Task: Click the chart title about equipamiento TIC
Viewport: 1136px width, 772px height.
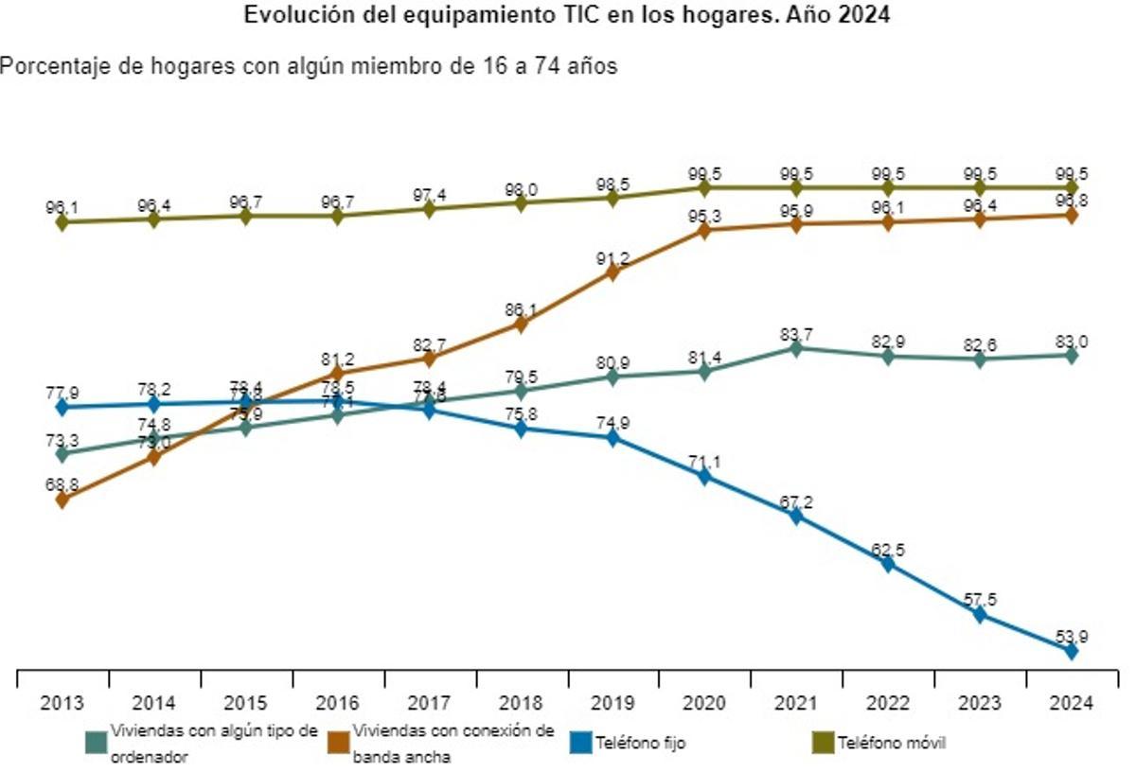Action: [567, 16]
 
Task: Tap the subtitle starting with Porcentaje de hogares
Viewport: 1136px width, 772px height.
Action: [309, 66]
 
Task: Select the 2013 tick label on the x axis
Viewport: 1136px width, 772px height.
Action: [62, 703]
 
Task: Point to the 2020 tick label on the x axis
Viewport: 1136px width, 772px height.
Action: [704, 703]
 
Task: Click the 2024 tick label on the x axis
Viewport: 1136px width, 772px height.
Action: [1071, 703]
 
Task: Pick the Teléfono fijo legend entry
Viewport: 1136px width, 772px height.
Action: [640, 744]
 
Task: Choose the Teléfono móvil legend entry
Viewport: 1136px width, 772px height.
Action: [891, 744]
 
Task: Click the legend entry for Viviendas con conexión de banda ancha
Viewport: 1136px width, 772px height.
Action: [453, 744]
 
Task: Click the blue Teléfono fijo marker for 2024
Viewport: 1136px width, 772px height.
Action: [1071, 651]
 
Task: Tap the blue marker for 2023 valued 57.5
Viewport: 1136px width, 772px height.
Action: [979, 614]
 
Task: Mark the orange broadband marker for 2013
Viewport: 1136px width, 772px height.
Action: [62, 500]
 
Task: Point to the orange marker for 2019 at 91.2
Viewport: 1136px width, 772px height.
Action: [612, 272]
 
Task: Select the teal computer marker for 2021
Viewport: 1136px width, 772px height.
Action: [796, 348]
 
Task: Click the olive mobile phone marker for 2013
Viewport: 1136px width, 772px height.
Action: [62, 221]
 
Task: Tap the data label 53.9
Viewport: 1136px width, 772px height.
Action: [1071, 635]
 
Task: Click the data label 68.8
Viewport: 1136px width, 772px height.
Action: [62, 483]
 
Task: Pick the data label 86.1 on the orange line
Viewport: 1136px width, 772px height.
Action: [521, 307]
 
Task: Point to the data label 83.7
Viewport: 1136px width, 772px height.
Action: [796, 332]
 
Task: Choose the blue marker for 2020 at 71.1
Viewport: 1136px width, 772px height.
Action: [704, 476]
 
